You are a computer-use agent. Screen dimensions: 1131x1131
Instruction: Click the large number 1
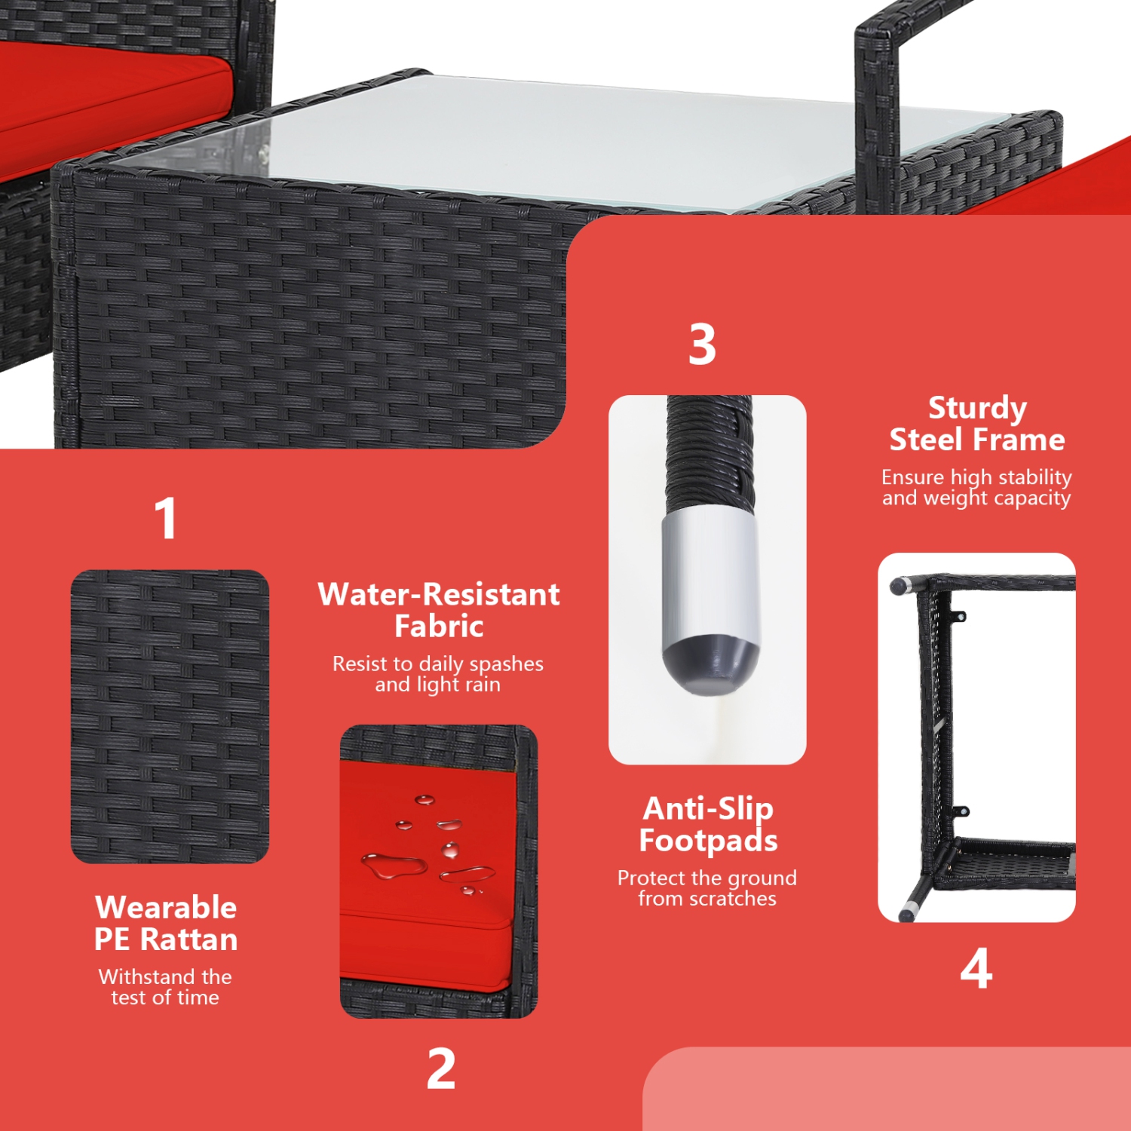[165, 518]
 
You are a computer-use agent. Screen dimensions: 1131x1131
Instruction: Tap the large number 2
[441, 1068]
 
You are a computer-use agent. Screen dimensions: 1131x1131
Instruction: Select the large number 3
[702, 345]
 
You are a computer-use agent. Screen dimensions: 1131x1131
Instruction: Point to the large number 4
[976, 968]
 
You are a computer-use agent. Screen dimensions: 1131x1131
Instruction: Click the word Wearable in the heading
[166, 907]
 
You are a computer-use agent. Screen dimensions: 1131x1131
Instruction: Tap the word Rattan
[189, 939]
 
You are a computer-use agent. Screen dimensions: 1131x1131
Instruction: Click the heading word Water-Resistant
[439, 594]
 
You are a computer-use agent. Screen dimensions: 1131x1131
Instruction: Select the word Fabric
[439, 626]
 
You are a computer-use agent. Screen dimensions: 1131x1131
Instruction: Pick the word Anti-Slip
[708, 809]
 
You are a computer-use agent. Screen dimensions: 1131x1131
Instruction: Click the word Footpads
[708, 840]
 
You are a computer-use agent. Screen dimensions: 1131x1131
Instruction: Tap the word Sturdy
[977, 409]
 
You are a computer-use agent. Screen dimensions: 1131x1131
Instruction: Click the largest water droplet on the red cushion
[394, 866]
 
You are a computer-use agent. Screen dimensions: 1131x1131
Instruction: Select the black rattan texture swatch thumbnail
[170, 716]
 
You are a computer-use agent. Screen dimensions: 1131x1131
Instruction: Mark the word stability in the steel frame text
[1034, 477]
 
